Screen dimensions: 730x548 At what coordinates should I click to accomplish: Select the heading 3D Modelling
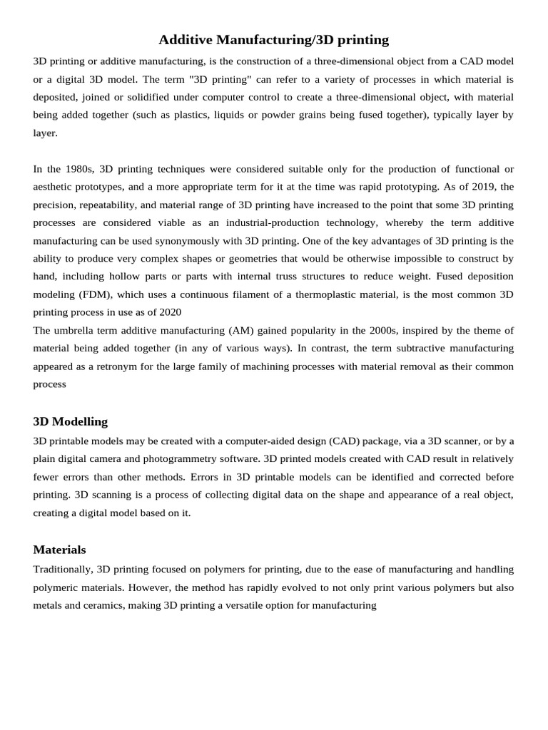[x=70, y=421]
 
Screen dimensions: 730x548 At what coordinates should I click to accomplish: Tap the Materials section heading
[x=59, y=550]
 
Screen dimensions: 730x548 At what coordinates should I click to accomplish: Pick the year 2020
[x=169, y=312]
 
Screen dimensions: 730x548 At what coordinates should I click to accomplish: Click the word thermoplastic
[x=345, y=294]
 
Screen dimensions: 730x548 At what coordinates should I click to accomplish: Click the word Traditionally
[x=61, y=570]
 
